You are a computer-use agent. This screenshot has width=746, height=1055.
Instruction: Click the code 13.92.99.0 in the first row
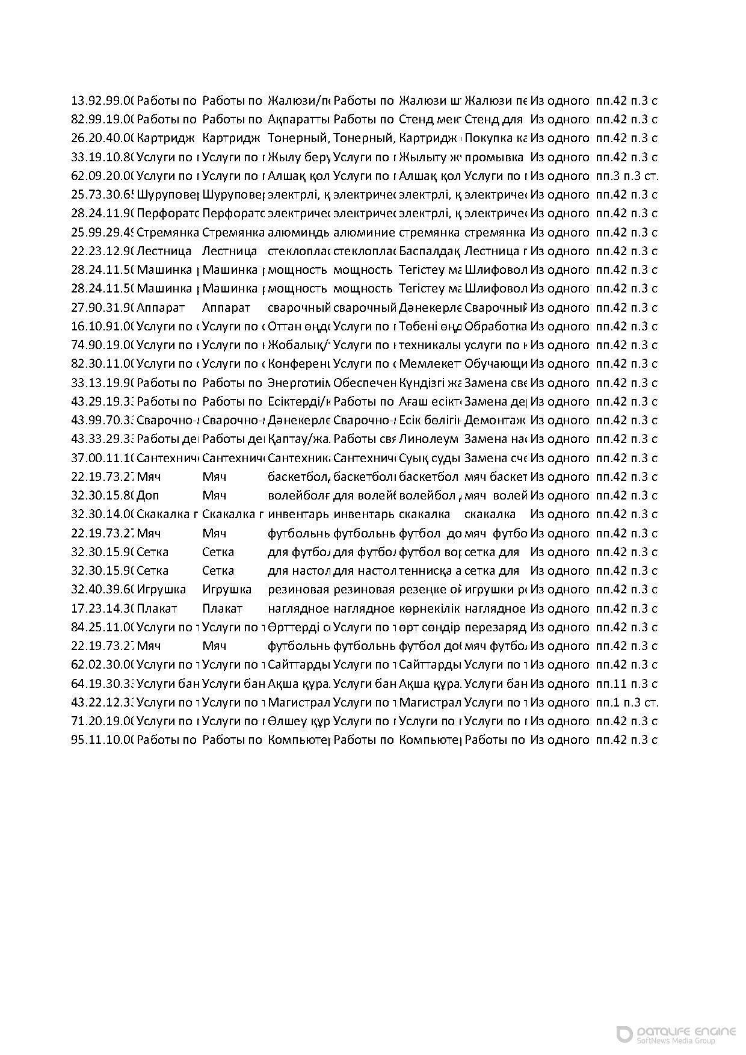(x=102, y=101)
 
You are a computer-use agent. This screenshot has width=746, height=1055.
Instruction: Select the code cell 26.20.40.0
(x=102, y=138)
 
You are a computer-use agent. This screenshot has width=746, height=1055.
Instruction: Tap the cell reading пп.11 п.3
(x=626, y=684)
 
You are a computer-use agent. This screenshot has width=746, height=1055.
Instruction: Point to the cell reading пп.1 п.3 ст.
(x=626, y=702)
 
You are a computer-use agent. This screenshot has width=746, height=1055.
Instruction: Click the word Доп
(x=147, y=495)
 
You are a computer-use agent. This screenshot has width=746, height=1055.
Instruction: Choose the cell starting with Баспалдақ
(x=430, y=251)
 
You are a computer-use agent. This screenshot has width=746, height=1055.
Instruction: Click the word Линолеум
(x=430, y=439)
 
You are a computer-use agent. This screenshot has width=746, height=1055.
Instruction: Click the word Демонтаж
(x=495, y=420)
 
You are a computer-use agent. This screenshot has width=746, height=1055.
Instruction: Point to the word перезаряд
(x=495, y=627)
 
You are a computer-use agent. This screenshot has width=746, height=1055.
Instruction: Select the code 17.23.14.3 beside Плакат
(x=102, y=608)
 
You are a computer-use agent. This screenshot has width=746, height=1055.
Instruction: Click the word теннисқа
(x=427, y=571)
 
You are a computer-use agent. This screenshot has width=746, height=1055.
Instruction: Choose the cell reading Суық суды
(x=430, y=458)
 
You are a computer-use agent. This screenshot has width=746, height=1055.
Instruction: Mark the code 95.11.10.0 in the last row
(x=102, y=740)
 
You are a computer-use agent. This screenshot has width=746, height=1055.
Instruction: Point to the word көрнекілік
(x=430, y=608)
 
